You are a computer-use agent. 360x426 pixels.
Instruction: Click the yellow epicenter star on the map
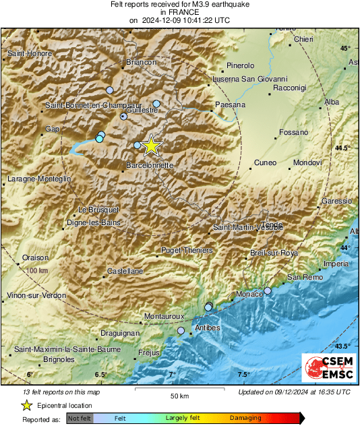click(x=152, y=145)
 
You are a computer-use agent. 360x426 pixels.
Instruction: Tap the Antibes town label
click(x=207, y=328)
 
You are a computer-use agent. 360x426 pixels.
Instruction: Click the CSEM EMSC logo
click(x=325, y=369)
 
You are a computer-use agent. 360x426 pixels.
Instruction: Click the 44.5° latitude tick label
click(x=343, y=148)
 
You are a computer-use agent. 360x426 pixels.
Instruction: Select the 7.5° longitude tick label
click(x=243, y=375)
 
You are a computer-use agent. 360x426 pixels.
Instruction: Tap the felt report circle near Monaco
click(x=268, y=291)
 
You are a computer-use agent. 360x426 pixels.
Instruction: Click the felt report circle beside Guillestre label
click(x=124, y=117)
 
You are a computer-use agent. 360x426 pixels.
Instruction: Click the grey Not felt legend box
click(x=80, y=419)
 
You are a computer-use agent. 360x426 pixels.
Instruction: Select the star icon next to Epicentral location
click(x=27, y=405)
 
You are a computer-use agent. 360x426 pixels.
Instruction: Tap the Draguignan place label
click(x=118, y=333)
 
